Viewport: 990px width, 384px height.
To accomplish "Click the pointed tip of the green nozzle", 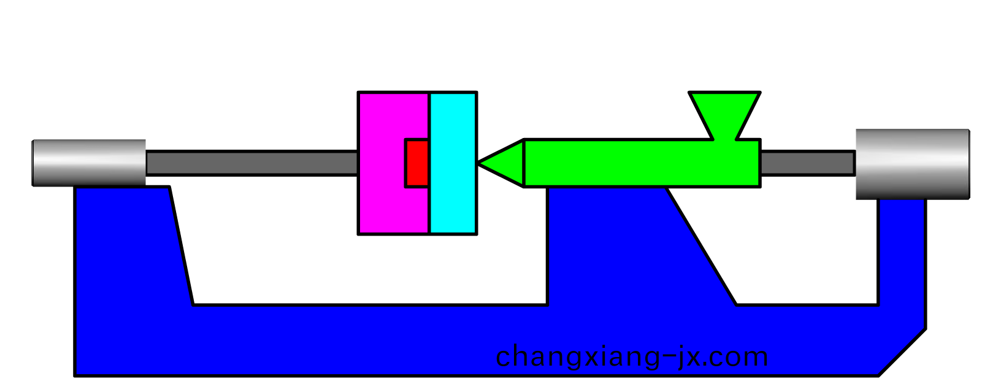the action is pyautogui.click(x=478, y=164).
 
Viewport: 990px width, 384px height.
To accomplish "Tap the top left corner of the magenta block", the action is pyautogui.click(x=358, y=93).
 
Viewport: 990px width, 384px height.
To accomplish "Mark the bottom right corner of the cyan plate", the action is pyautogui.click(x=477, y=234).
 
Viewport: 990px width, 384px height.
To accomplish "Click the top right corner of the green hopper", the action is pyautogui.click(x=760, y=93).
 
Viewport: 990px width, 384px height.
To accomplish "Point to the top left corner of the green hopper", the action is pyautogui.click(x=689, y=93).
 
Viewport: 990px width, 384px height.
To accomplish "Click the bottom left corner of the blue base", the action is pyautogui.click(x=75, y=375).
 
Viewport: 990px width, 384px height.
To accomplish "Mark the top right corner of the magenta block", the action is pyautogui.click(x=429, y=93).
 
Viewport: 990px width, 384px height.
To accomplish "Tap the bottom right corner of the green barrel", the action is pyautogui.click(x=760, y=186).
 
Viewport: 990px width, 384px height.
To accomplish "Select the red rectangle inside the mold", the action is pyautogui.click(x=417, y=164).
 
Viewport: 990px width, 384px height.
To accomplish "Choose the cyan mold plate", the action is pyautogui.click(x=453, y=163).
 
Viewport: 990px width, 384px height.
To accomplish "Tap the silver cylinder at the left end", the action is pyautogui.click(x=89, y=163).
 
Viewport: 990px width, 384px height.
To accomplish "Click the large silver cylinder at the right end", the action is pyautogui.click(x=913, y=164).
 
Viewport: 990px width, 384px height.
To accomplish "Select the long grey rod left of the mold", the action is pyautogui.click(x=252, y=163).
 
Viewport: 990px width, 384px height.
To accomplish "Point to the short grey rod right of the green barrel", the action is pyautogui.click(x=808, y=163).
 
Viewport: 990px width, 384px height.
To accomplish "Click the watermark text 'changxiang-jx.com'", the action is pyautogui.click(x=632, y=356).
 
